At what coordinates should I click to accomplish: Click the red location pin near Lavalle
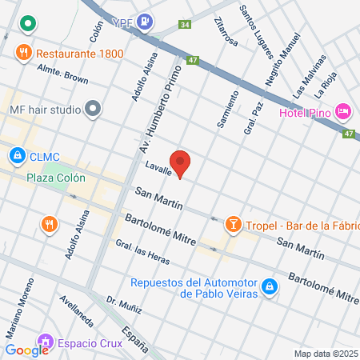coord(181,163)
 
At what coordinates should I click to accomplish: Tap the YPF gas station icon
coord(145,22)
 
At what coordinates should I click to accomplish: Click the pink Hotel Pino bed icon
coord(342,110)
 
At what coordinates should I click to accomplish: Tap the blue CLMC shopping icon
coord(16,155)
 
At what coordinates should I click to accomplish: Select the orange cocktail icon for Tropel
coord(233,223)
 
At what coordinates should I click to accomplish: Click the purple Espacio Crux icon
coord(45,344)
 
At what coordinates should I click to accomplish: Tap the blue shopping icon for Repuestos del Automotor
coord(270,286)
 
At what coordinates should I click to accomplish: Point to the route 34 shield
coord(185,25)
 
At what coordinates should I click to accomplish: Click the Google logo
coord(26,350)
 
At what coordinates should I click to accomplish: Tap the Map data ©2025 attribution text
coord(326,354)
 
